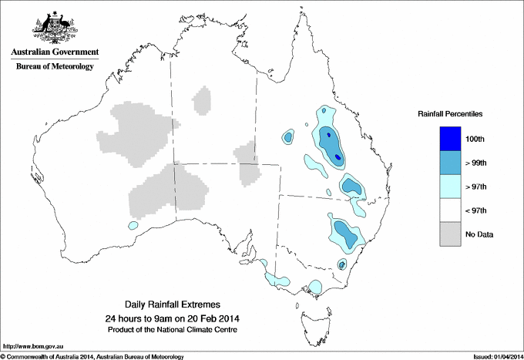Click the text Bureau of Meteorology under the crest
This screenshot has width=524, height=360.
(x=55, y=67)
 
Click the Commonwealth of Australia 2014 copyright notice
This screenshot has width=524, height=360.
(x=92, y=355)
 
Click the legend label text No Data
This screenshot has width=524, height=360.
(x=479, y=234)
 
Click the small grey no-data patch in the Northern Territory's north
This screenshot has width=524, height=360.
(x=203, y=100)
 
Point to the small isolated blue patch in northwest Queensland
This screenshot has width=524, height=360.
(x=288, y=137)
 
